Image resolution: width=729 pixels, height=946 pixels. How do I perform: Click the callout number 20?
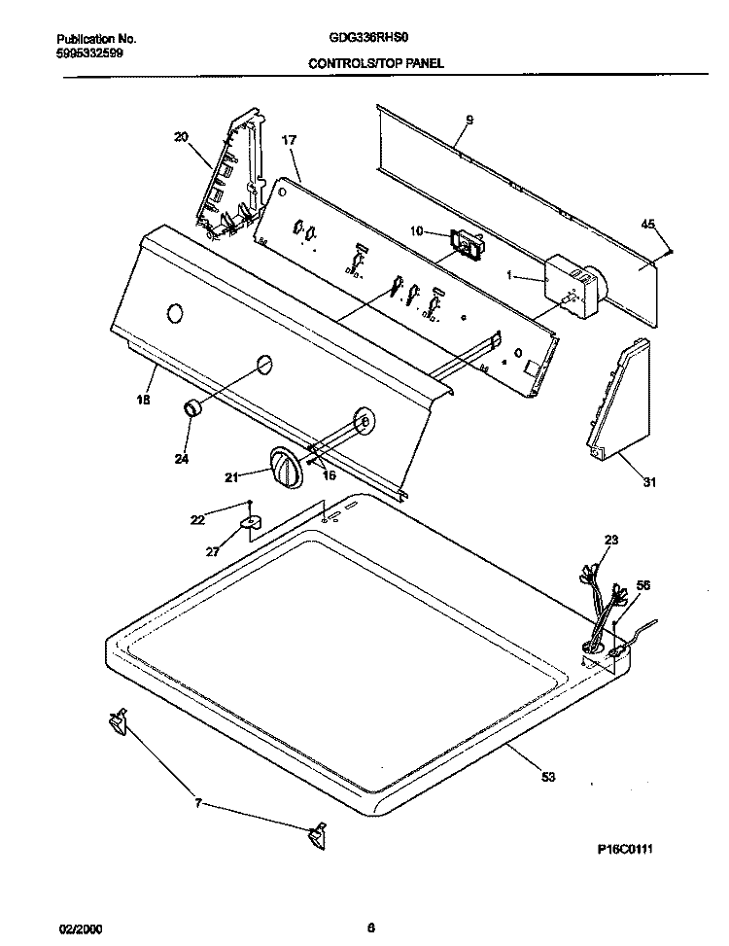pos(181,137)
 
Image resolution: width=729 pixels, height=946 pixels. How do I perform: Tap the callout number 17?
pos(289,140)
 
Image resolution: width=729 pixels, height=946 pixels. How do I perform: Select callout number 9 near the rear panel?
pos(469,120)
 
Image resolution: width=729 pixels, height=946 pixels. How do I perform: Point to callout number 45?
pos(647,225)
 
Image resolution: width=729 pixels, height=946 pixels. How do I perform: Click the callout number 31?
pos(648,482)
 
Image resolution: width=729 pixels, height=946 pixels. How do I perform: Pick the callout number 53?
pos(547,777)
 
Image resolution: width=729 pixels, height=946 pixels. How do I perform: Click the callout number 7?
pos(197,803)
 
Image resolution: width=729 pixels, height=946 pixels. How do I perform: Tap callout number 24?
pos(181,459)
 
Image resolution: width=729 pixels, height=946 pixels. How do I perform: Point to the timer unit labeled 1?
pos(571,286)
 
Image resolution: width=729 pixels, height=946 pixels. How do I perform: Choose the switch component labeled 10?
pos(467,244)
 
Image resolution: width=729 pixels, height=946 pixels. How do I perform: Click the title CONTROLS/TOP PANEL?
pos(376,63)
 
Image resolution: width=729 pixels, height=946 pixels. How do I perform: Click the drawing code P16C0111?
pos(625,850)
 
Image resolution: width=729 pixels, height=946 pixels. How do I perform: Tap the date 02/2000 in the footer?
pos(80,928)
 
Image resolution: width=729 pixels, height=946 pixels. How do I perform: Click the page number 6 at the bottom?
pos(371,928)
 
